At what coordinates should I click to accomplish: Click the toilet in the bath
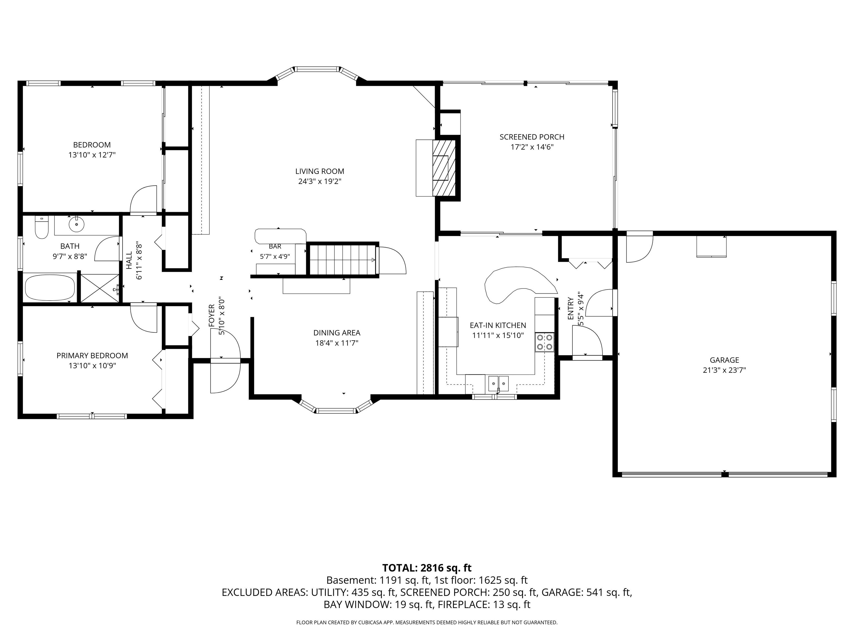(41, 227)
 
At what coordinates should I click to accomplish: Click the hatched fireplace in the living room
(444, 168)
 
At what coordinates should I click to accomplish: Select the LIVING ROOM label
(320, 171)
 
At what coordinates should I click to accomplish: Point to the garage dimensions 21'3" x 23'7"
(724, 370)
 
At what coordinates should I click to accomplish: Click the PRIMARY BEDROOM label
(92, 356)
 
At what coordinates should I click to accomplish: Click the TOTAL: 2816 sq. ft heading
(427, 568)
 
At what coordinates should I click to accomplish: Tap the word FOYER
(212, 316)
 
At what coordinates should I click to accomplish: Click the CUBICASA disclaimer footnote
(427, 622)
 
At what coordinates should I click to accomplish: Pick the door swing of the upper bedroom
(143, 199)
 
